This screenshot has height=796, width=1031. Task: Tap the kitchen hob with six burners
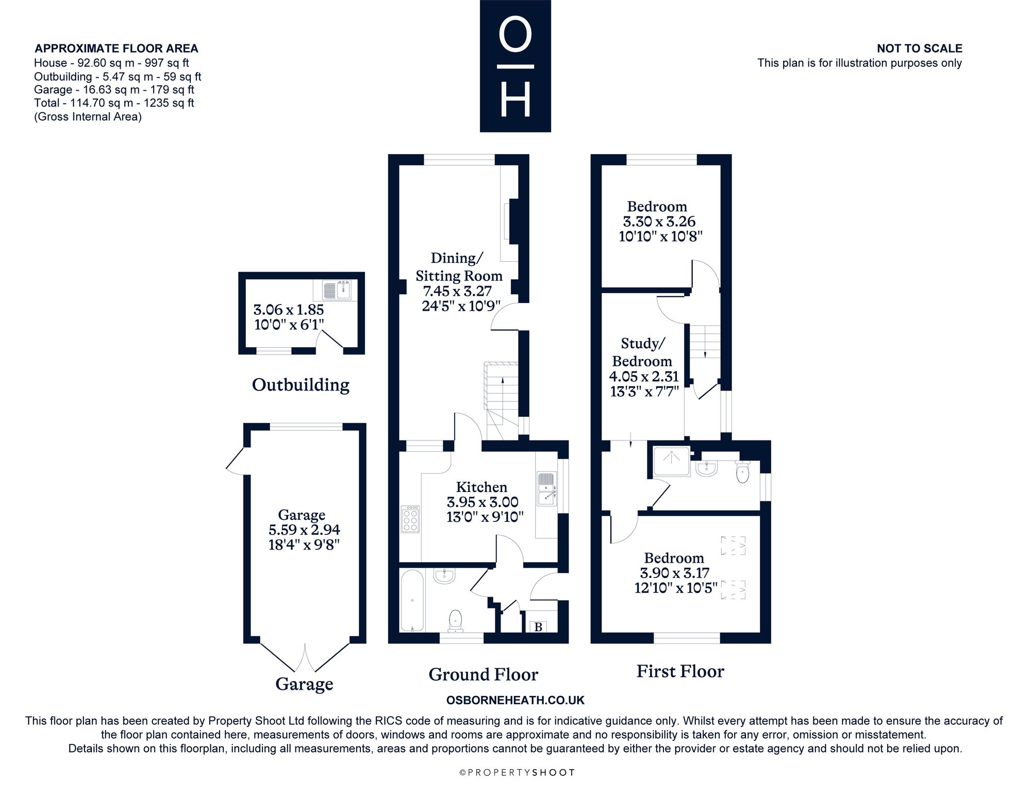(410, 519)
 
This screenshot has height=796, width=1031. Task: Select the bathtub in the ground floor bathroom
(412, 600)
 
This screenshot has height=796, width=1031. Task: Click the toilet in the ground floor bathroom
(456, 621)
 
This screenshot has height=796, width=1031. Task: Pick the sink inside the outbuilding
(337, 290)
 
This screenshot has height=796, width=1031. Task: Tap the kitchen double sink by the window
(546, 488)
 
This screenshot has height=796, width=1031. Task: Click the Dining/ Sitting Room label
(459, 266)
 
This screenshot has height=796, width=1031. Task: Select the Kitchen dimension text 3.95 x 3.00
(483, 502)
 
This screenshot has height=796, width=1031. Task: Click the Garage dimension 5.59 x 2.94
(304, 530)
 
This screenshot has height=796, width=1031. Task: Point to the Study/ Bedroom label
(642, 352)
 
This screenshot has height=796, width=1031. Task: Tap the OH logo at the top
(515, 66)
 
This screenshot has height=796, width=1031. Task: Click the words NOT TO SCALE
(920, 48)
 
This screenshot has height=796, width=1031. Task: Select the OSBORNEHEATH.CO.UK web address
(515, 700)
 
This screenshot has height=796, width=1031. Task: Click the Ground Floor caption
(484, 674)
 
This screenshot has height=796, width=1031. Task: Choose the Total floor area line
(114, 103)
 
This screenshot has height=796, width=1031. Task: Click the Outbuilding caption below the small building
(301, 385)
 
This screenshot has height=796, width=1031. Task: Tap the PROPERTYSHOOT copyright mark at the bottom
(517, 772)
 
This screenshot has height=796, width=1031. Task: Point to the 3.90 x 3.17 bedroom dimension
(675, 572)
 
